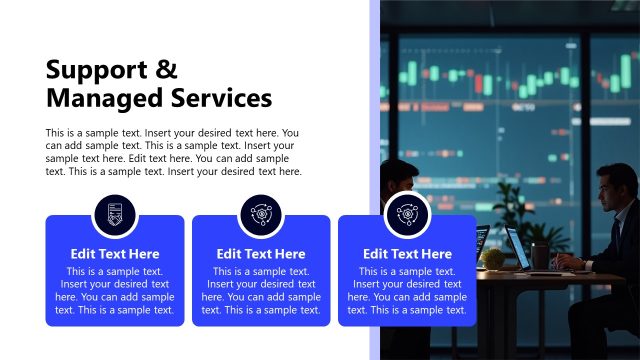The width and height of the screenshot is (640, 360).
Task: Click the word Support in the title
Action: click(x=97, y=70)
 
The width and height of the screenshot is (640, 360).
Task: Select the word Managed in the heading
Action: click(x=103, y=98)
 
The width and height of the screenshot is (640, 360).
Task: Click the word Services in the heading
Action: click(x=219, y=98)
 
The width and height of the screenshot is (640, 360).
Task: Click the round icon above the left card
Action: click(x=114, y=213)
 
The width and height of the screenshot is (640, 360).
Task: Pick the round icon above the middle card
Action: click(x=260, y=213)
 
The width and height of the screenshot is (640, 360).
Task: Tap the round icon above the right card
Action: click(x=407, y=212)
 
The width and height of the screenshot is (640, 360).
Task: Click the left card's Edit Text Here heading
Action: click(x=114, y=254)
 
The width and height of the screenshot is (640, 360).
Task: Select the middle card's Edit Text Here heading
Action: click(x=261, y=254)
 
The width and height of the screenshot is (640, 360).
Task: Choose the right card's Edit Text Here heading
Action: click(x=407, y=254)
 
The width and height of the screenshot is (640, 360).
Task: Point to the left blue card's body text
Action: click(x=114, y=291)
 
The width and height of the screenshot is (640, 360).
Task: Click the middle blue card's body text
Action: click(x=261, y=291)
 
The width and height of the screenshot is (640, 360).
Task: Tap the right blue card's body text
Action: click(x=407, y=291)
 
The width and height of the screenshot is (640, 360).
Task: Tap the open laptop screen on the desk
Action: click(x=518, y=248)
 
